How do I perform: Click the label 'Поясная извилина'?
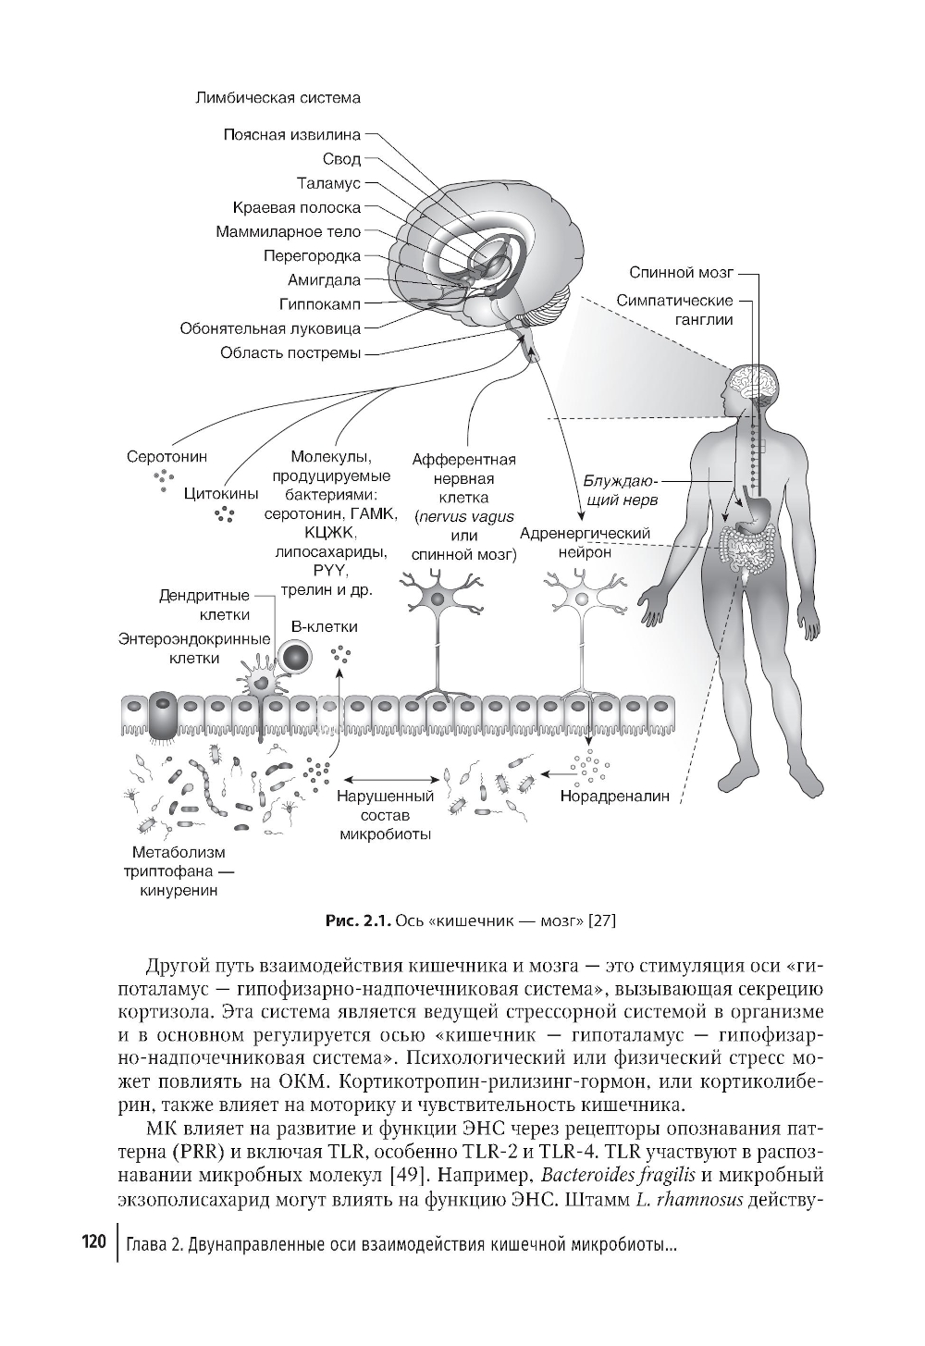pos(291,135)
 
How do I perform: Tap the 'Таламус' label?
pos(328,183)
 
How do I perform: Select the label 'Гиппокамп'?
pos(319,303)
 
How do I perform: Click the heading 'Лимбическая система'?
pos(278,97)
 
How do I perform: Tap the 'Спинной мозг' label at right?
pos(681,273)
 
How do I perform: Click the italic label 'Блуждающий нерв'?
pos(620,491)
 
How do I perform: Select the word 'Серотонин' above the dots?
pos(166,457)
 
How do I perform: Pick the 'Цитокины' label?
pos(221,493)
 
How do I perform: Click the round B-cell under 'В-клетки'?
pos(298,658)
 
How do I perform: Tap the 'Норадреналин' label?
pos(614,796)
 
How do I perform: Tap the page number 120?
pos(95,1241)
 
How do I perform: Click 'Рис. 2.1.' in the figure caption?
pos(358,921)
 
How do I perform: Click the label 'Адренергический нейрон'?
pos(586,543)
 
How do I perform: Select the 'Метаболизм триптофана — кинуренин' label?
pos(179,871)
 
